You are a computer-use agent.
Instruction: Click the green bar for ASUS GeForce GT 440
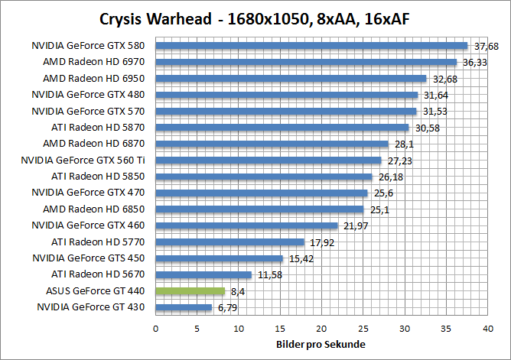click(190, 291)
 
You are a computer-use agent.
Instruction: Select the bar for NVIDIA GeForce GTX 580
click(311, 45)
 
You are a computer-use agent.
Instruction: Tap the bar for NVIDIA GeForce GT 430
click(184, 307)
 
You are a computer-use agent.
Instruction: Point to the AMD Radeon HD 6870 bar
click(272, 144)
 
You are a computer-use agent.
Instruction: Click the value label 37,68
click(487, 46)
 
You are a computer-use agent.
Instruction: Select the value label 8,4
click(236, 291)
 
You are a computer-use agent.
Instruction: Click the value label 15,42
click(300, 258)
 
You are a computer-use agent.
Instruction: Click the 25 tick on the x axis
click(363, 328)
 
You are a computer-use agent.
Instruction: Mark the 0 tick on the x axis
click(156, 328)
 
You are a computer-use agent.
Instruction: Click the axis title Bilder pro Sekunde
click(321, 345)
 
